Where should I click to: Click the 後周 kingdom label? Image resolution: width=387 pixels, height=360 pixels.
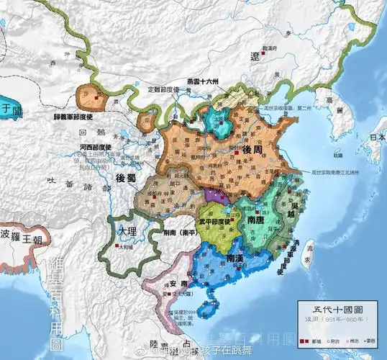(x=250, y=149)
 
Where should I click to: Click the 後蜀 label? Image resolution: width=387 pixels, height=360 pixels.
(x=127, y=178)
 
